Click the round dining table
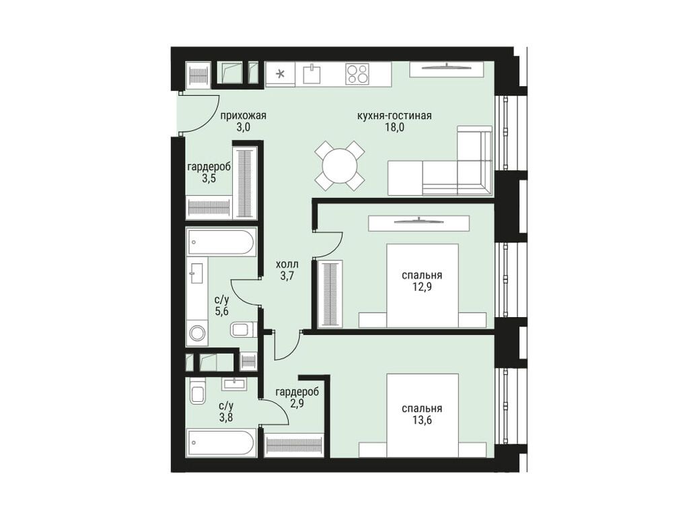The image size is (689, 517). pyautogui.click(x=340, y=165)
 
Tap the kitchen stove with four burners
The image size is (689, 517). pyautogui.click(x=357, y=73)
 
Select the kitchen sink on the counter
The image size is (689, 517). pyautogui.click(x=312, y=73)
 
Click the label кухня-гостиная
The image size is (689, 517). pyautogui.click(x=394, y=116)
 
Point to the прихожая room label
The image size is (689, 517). pyautogui.click(x=243, y=116)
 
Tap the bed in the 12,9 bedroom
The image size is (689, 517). pyautogui.click(x=422, y=286)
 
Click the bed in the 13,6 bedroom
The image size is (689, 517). pyautogui.click(x=422, y=417)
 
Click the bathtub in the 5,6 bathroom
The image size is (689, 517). pyautogui.click(x=221, y=242)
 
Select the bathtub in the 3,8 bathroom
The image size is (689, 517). pyautogui.click(x=221, y=443)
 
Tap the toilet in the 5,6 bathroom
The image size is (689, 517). pyautogui.click(x=242, y=330)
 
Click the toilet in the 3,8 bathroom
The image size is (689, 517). pyautogui.click(x=197, y=392)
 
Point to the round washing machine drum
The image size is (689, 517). pyautogui.click(x=197, y=333)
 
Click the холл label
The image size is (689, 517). pyautogui.click(x=287, y=265)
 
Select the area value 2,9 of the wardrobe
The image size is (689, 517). pyautogui.click(x=296, y=403)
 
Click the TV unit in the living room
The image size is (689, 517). pyautogui.click(x=446, y=69)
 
